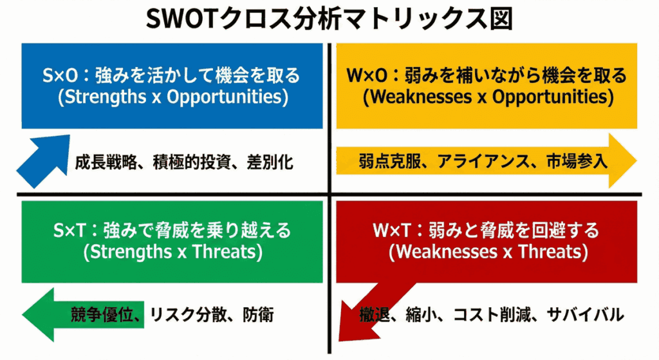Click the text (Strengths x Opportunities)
[x=172, y=97]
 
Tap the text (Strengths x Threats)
[x=172, y=251]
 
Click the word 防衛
[x=258, y=315]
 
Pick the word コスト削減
[x=492, y=315]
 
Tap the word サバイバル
[x=585, y=315]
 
